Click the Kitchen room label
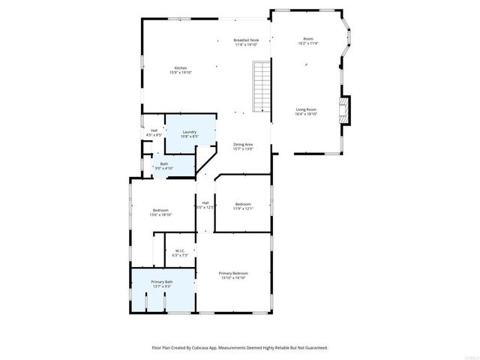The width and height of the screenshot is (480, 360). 180,68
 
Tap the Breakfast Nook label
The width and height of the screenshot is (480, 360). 245,40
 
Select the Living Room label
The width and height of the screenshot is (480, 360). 307,109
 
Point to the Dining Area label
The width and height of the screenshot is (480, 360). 242,144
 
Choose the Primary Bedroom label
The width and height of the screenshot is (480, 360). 233,273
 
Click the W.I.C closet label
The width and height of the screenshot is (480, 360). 180,250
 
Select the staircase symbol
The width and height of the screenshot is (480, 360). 260,86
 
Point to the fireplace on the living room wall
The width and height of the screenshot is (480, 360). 345,109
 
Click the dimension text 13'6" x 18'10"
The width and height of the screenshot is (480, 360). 160,214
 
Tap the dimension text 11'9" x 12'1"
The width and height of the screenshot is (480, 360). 243,208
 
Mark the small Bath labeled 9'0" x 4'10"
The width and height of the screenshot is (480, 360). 163,166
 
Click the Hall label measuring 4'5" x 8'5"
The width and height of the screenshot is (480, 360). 154,130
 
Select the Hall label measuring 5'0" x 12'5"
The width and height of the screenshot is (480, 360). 205,202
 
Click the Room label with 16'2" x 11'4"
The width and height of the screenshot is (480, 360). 307,39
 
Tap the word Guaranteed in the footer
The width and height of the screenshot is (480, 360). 314,347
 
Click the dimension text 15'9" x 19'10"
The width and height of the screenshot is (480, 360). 180,73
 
